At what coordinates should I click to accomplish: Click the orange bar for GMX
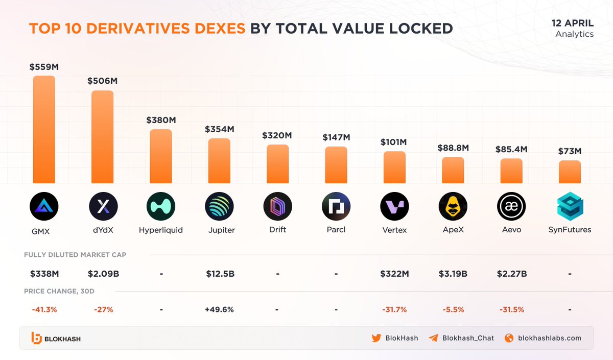(x=44, y=130)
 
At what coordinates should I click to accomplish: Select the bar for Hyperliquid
(x=160, y=156)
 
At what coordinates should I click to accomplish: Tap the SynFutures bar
(x=570, y=172)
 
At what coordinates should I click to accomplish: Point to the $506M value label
(x=102, y=81)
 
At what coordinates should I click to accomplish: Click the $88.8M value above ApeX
(x=453, y=148)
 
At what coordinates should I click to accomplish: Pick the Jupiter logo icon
(x=219, y=207)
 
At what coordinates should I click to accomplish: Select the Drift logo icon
(x=277, y=207)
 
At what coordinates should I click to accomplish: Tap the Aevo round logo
(x=511, y=207)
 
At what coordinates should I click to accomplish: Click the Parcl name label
(x=336, y=230)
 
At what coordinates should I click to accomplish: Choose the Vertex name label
(x=394, y=230)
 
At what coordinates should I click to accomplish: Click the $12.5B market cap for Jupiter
(x=219, y=274)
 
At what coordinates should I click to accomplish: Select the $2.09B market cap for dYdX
(x=103, y=274)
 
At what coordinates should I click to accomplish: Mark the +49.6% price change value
(x=219, y=309)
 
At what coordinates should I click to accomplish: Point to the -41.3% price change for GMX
(x=44, y=309)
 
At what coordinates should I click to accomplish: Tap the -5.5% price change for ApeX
(x=453, y=309)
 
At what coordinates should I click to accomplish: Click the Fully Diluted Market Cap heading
(x=75, y=254)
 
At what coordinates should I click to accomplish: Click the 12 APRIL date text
(x=572, y=23)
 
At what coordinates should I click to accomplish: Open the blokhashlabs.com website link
(x=549, y=338)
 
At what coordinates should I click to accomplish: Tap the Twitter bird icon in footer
(x=376, y=338)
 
